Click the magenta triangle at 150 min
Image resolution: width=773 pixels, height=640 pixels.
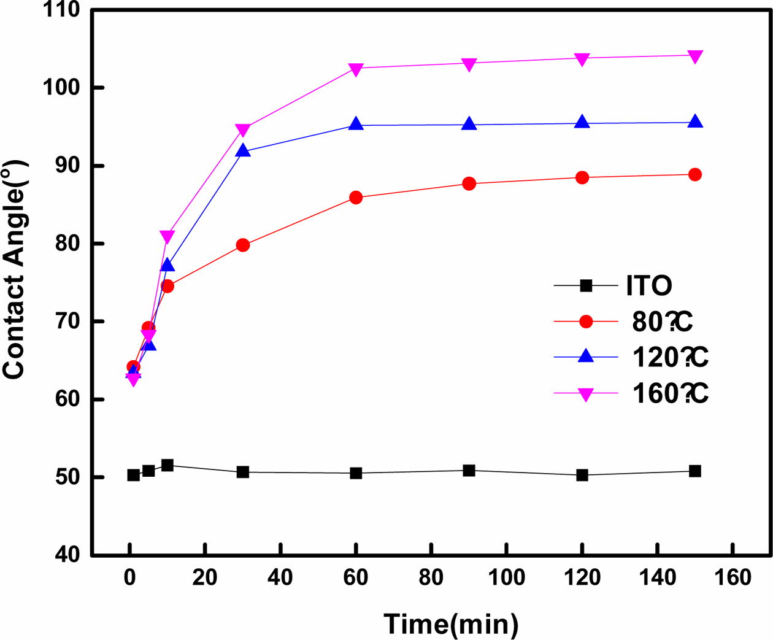pyautogui.click(x=695, y=56)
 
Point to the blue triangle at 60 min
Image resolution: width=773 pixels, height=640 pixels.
pyautogui.click(x=356, y=124)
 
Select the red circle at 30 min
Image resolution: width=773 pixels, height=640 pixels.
pyautogui.click(x=243, y=245)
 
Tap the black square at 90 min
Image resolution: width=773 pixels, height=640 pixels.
pyautogui.click(x=469, y=471)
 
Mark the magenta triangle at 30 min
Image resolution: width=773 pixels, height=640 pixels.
pyautogui.click(x=243, y=129)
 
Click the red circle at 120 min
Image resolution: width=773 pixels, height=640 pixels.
pyautogui.click(x=582, y=178)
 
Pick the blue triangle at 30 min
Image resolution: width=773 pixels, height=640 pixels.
pyautogui.click(x=243, y=150)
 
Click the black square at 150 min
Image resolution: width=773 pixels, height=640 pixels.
pyautogui.click(x=695, y=471)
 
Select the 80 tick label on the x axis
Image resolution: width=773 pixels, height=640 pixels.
pyautogui.click(x=431, y=577)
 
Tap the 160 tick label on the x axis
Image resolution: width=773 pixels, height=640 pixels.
pyautogui.click(x=733, y=577)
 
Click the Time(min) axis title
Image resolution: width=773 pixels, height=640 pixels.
pyautogui.click(x=451, y=624)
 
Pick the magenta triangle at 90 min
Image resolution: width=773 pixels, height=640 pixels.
pyautogui.click(x=469, y=64)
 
